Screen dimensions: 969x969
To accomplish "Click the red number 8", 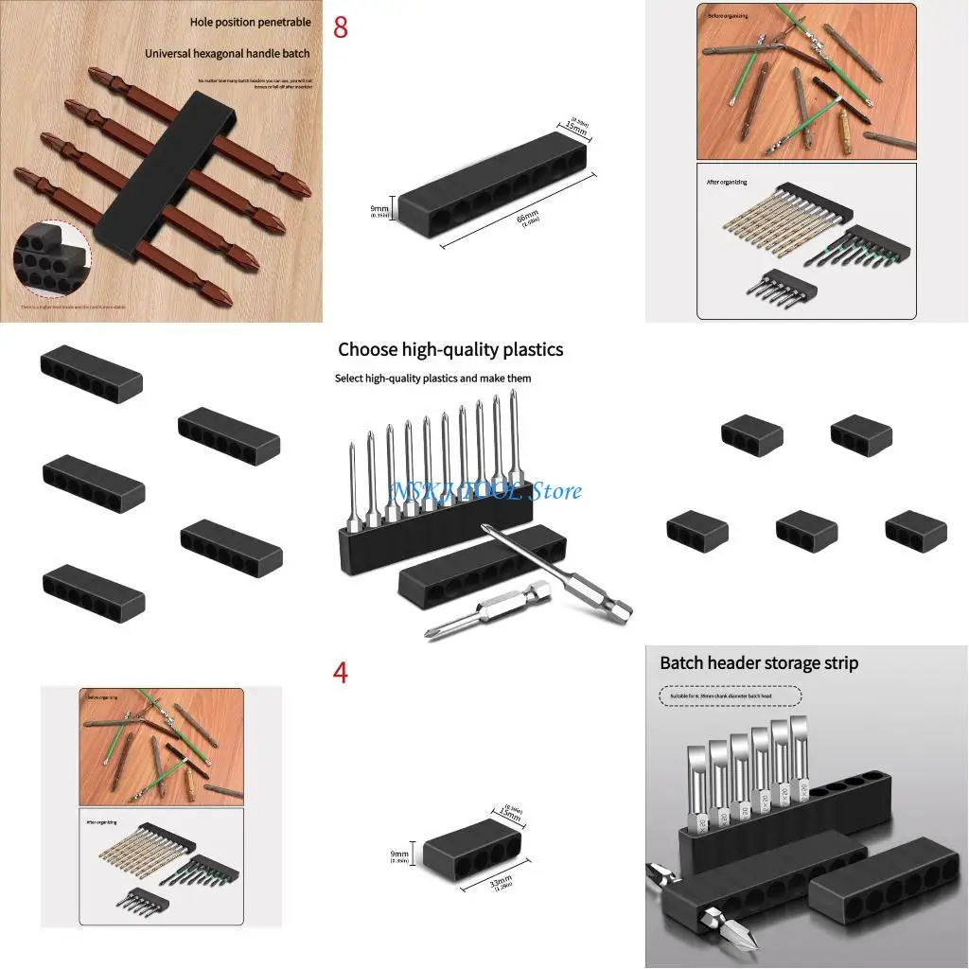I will [x=341, y=27].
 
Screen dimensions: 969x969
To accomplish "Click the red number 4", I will [x=341, y=674].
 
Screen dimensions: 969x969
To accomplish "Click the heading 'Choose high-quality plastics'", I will [x=450, y=349].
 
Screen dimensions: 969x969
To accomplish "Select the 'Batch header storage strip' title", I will [x=759, y=662].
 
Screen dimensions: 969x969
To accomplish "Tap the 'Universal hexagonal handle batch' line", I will [x=227, y=54].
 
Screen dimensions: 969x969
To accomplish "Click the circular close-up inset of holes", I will [x=51, y=260].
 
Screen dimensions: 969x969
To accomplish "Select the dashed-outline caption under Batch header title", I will [x=730, y=696].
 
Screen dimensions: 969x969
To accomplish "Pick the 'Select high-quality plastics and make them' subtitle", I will [x=432, y=379].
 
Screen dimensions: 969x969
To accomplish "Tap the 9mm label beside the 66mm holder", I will [x=379, y=210].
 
